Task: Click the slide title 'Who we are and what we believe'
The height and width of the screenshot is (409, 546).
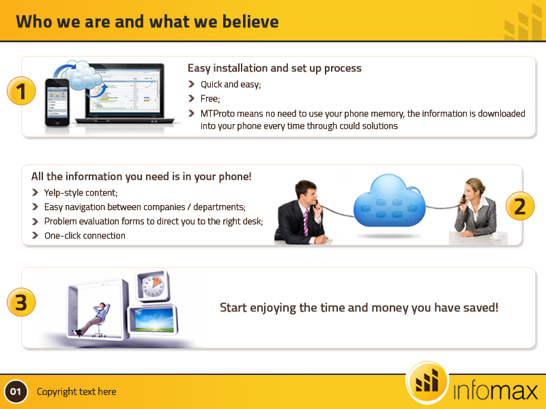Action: (x=147, y=22)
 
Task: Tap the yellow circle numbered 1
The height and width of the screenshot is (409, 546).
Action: (x=21, y=91)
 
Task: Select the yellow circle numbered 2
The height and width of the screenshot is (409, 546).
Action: (x=519, y=205)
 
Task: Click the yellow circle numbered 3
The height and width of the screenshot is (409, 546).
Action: (x=21, y=302)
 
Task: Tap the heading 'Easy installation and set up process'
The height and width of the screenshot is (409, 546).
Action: (x=274, y=68)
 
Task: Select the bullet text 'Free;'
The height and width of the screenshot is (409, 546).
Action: (x=210, y=99)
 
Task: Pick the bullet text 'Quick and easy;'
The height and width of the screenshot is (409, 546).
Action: (x=231, y=85)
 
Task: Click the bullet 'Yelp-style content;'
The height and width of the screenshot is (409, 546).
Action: (x=81, y=193)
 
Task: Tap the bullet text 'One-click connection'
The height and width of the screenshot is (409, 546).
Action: (x=85, y=236)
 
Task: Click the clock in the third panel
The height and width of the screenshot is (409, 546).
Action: (x=152, y=286)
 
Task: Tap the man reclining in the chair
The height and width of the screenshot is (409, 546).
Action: (x=95, y=317)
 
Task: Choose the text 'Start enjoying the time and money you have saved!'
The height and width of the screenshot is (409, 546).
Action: (x=359, y=308)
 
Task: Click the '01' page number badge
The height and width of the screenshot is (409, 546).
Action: (x=16, y=392)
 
